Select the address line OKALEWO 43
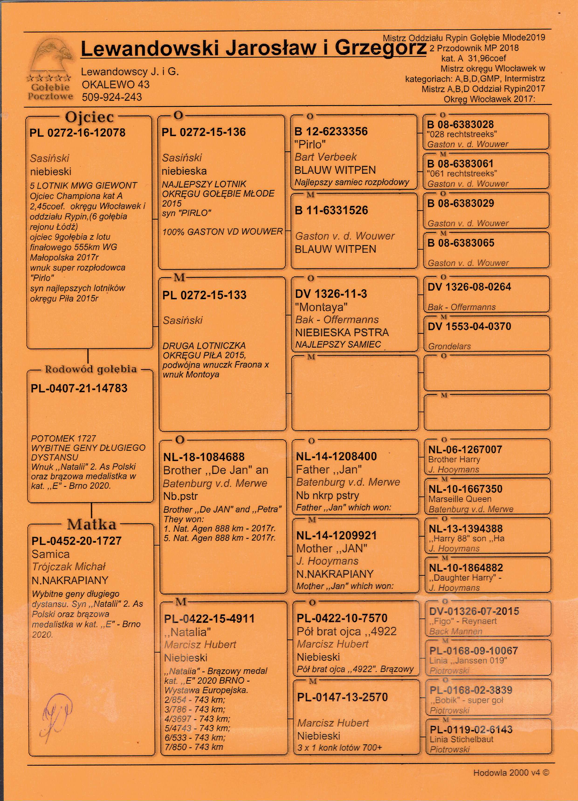pos(115,84)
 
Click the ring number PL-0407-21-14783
pos(79,388)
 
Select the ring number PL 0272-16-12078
pos(77,133)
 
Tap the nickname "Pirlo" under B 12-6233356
pos(310,144)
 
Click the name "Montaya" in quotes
pos(321,307)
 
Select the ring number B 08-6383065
pos(461,243)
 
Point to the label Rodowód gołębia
pos(91,369)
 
